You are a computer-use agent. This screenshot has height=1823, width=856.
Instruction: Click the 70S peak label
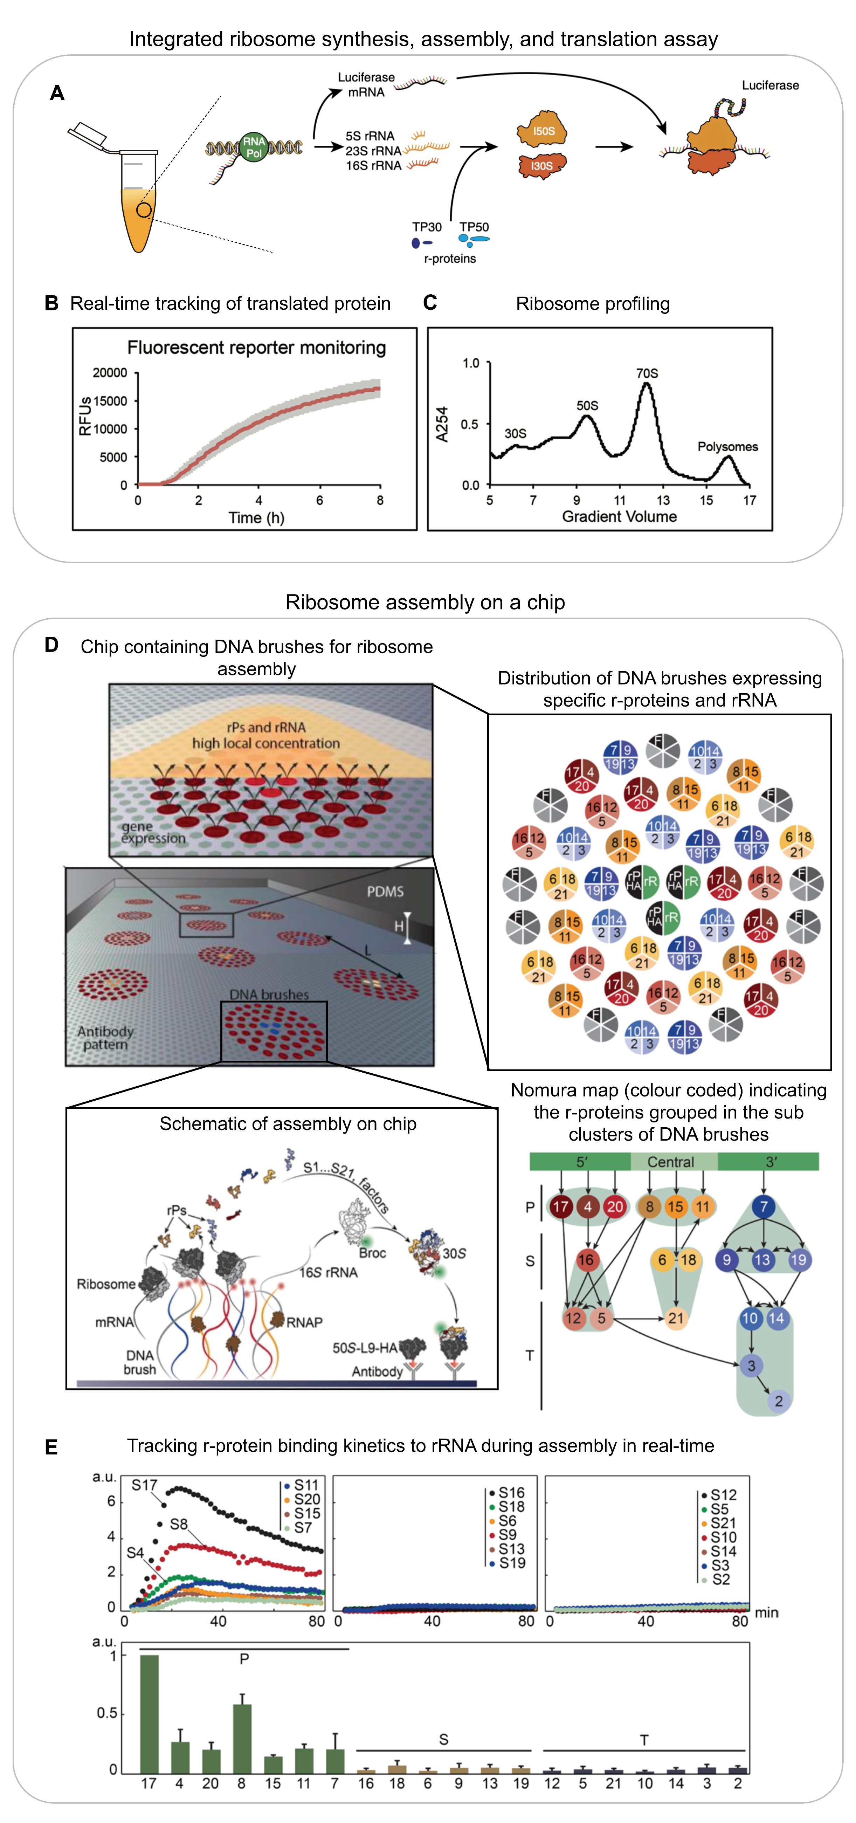(647, 373)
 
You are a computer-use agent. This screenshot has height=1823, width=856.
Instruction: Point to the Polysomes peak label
(727, 447)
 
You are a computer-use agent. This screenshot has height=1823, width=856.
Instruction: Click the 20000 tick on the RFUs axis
(110, 373)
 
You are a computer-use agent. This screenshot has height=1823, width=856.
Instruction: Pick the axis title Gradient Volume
(619, 517)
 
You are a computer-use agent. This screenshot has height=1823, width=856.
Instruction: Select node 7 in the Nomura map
(763, 1206)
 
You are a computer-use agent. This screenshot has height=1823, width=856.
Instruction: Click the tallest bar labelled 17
(149, 1713)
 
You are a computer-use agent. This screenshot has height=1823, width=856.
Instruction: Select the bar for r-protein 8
(242, 1738)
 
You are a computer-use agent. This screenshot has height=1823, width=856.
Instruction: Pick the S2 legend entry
(720, 1579)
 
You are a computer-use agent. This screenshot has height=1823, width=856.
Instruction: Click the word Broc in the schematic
(372, 1253)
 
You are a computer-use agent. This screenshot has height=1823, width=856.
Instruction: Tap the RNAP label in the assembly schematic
(304, 1322)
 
